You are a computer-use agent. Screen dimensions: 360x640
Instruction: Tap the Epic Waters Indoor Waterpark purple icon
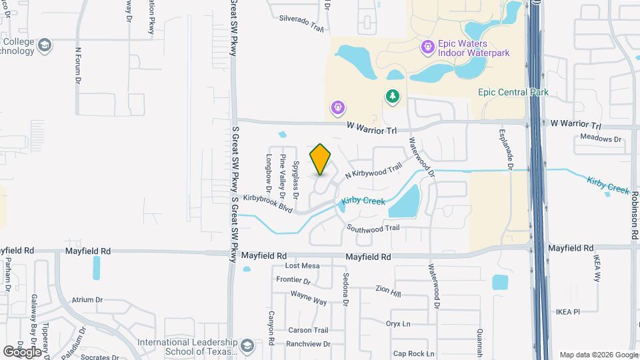427,47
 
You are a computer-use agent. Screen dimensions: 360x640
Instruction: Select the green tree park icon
393,97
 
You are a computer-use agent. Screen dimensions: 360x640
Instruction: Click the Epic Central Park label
513,92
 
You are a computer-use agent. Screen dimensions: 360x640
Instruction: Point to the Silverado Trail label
301,23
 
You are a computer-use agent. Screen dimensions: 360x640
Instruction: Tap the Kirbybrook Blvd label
268,203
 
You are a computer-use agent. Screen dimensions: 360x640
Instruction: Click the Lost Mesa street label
303,266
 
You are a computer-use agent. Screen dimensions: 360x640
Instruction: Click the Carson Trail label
308,330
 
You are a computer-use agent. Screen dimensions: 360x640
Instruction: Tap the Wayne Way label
309,298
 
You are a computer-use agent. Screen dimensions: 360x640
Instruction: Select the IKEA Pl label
568,311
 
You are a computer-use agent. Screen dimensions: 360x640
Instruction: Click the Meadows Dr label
600,139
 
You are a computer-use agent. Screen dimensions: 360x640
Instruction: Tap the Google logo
22,351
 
